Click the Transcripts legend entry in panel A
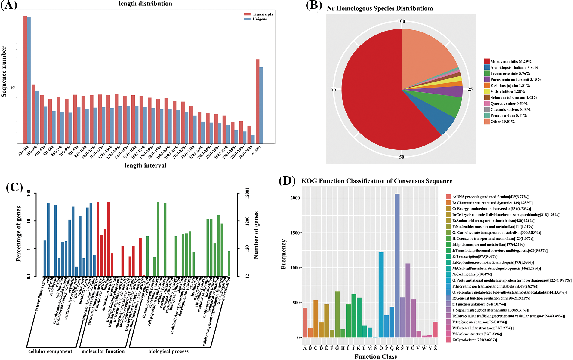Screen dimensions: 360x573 [x=262, y=14]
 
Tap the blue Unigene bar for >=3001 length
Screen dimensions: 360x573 [x=261, y=105]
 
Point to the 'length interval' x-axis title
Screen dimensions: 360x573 [x=145, y=165]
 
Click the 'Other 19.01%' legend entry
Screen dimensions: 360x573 [x=502, y=122]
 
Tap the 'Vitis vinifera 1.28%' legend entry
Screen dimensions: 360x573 [x=507, y=91]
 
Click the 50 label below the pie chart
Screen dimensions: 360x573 [x=402, y=157]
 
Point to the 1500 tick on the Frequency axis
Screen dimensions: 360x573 [x=295, y=233]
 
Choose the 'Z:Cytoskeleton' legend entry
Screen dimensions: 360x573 [x=474, y=340]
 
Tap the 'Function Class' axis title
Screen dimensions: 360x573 [x=375, y=357]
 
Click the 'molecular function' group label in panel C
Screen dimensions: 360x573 [x=103, y=351]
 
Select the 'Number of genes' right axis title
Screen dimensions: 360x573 [x=256, y=235]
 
